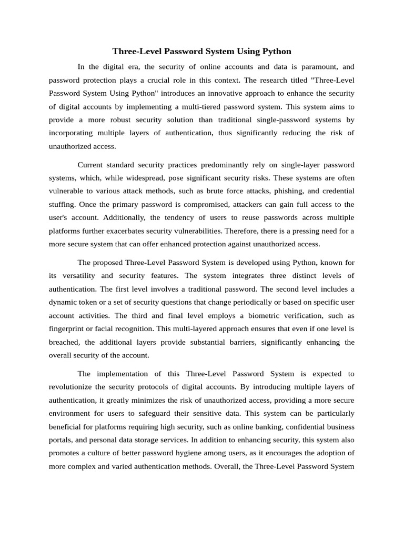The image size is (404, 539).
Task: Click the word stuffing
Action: (x=62, y=204)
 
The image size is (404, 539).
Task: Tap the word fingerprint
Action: (x=68, y=328)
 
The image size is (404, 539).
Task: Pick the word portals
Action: (x=60, y=440)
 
